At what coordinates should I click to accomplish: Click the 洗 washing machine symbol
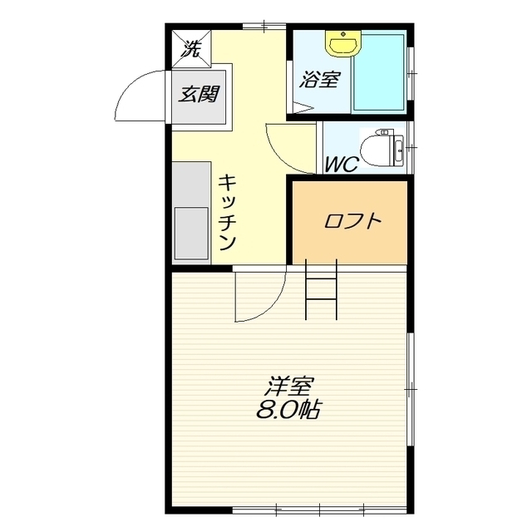[192, 48]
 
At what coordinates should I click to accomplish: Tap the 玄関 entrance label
[199, 94]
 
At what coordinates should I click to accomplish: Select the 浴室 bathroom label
[319, 80]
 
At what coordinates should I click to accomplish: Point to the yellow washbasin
[343, 42]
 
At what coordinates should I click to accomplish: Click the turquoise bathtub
[379, 72]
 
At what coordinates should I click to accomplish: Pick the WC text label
[342, 165]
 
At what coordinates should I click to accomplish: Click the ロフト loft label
[353, 220]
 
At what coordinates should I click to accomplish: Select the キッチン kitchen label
[227, 212]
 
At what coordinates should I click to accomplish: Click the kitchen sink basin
[191, 234]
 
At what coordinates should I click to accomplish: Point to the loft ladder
[322, 289]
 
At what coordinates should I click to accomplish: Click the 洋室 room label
[288, 386]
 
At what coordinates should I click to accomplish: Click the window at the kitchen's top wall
[264, 27]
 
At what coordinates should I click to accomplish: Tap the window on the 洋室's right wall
[411, 389]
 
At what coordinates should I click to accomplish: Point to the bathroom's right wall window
[411, 73]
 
